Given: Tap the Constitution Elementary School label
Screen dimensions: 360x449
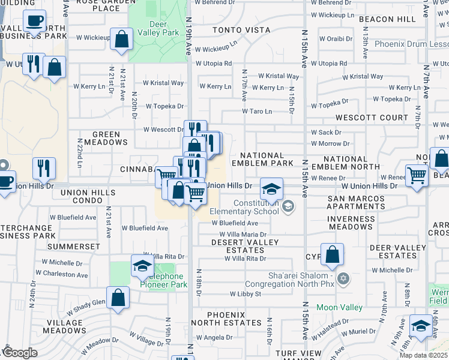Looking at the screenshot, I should click(x=244, y=207).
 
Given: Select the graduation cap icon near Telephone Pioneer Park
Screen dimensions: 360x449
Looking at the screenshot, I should click(x=141, y=266).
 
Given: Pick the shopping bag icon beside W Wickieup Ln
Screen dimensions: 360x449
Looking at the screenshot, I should click(x=122, y=40).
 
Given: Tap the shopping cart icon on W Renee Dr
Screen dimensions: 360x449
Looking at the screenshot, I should click(x=416, y=175).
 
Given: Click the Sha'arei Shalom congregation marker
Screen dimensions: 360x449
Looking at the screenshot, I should click(x=343, y=278).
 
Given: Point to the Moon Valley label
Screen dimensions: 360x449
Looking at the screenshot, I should click(x=339, y=307).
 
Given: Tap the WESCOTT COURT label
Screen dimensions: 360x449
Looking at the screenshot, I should click(x=363, y=118).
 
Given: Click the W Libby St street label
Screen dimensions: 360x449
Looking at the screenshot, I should click(x=246, y=294).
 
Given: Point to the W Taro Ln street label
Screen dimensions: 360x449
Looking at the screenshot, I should click(x=257, y=111).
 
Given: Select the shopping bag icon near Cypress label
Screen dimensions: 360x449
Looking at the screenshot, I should click(x=332, y=255).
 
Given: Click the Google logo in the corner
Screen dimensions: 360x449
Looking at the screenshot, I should click(x=19, y=353).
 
